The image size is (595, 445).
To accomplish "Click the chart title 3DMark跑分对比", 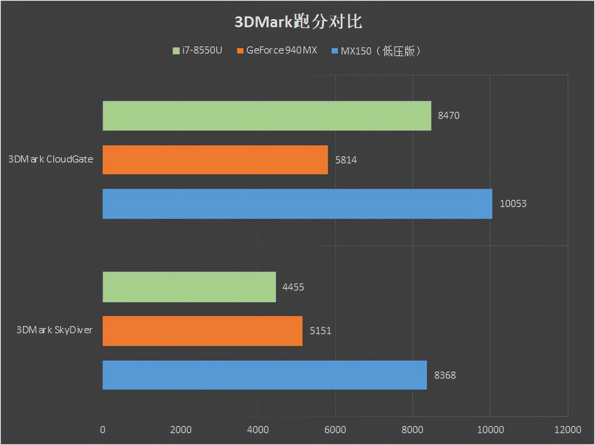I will click(298, 22).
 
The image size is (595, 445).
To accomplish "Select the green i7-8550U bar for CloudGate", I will click(267, 116).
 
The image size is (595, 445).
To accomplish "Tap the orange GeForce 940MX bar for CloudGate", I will click(215, 160).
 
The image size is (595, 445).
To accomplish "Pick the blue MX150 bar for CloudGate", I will click(297, 204).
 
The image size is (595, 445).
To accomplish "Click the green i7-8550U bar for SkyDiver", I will click(189, 287).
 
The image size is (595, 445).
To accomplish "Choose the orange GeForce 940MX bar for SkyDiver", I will click(202, 331).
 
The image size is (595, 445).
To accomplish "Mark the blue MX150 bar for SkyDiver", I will click(264, 375).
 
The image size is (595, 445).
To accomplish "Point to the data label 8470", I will click(448, 116).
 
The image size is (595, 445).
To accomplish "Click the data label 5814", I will click(346, 160).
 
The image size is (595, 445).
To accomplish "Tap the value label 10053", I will click(513, 204).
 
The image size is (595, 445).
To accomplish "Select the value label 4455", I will click(293, 287).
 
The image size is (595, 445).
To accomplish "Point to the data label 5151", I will click(320, 331).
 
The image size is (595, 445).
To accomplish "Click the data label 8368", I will click(445, 375).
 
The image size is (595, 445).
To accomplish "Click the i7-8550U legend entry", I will click(198, 50).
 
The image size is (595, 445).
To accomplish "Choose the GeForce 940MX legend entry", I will click(277, 50).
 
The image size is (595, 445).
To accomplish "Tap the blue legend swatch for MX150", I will click(335, 51).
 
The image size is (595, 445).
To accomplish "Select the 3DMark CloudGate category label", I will click(51, 159).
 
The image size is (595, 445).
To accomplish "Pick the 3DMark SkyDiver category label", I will click(55, 330).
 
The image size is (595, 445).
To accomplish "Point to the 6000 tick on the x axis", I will click(335, 430).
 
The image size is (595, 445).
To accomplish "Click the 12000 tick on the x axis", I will click(567, 430).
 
